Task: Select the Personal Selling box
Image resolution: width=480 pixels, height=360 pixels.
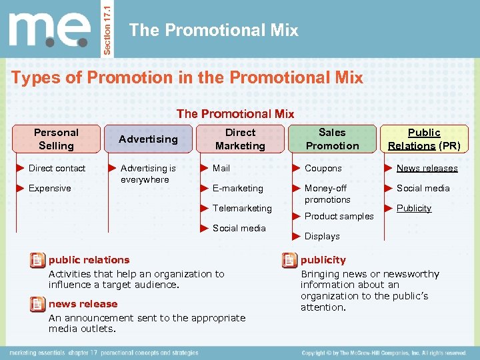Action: [57, 139]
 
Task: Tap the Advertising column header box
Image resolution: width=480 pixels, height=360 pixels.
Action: [148, 139]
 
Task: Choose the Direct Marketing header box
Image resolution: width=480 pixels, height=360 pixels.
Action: [240, 139]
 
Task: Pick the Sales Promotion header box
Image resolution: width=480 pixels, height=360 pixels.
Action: [332, 139]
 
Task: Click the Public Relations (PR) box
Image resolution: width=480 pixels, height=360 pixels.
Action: [424, 139]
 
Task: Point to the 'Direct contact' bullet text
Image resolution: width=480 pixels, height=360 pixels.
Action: [57, 168]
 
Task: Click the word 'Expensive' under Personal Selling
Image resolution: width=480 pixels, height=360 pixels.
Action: [49, 188]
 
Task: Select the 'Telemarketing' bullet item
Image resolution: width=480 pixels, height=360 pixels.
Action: [242, 208]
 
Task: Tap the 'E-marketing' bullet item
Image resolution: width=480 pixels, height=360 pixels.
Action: [237, 188]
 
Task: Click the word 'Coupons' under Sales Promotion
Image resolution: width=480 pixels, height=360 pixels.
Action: [323, 168]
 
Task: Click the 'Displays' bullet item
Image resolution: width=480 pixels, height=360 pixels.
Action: [322, 236]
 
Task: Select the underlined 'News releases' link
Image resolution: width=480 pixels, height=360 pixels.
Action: [427, 168]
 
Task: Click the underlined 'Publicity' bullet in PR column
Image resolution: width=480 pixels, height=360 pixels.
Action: [413, 208]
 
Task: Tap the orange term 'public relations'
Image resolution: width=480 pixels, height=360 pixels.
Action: [89, 259]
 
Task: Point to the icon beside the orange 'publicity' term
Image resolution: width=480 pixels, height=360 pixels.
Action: [289, 260]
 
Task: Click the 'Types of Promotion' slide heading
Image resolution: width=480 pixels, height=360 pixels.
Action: [187, 77]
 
